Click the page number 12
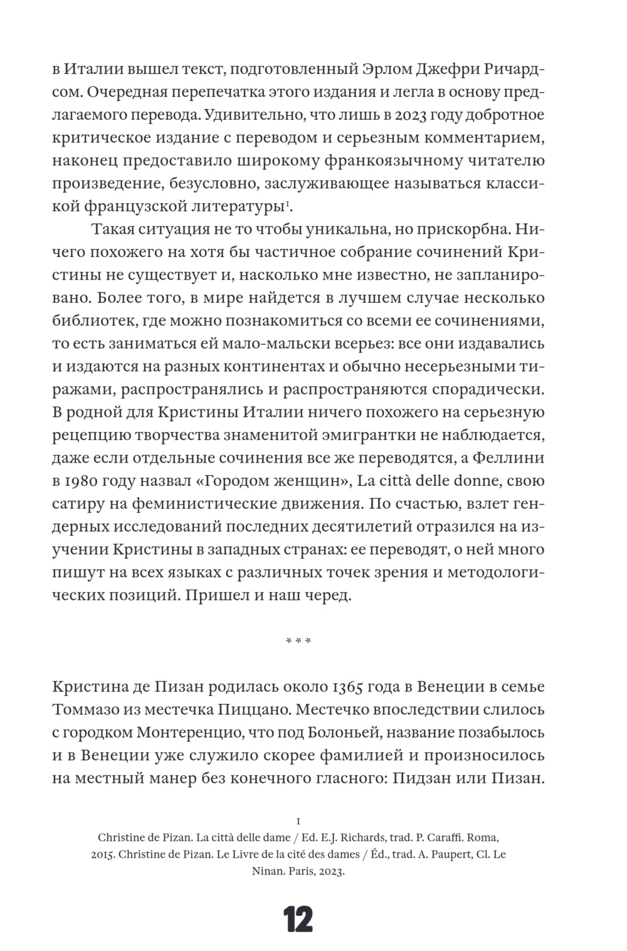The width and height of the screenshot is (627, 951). click(298, 920)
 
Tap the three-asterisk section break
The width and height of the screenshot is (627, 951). click(298, 641)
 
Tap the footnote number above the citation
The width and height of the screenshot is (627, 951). click(298, 821)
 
